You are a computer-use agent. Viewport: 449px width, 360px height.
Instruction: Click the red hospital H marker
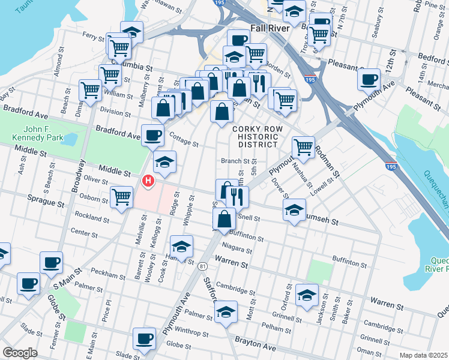click(147, 180)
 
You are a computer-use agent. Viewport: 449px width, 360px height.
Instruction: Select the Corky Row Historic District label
click(255, 136)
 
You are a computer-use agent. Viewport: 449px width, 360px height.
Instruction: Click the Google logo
click(20, 353)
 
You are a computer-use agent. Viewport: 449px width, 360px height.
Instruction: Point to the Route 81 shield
click(204, 266)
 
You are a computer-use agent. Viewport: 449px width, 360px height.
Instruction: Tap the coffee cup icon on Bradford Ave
click(152, 134)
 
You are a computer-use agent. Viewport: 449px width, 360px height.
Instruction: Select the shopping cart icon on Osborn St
click(122, 196)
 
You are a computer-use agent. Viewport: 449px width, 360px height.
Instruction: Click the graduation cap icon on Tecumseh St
click(294, 210)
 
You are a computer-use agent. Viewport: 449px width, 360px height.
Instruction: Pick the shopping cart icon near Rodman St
click(304, 146)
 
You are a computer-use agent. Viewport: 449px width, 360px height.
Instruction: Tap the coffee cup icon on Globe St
click(144, 338)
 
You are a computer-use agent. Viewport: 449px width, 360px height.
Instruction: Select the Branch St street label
click(235, 161)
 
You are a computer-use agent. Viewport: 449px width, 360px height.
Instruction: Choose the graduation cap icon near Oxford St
click(307, 295)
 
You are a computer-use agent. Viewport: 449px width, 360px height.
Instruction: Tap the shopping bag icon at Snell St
click(223, 218)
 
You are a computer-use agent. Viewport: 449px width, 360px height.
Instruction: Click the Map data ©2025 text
click(424, 355)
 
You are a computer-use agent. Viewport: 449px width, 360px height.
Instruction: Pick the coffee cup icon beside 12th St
click(369, 78)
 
